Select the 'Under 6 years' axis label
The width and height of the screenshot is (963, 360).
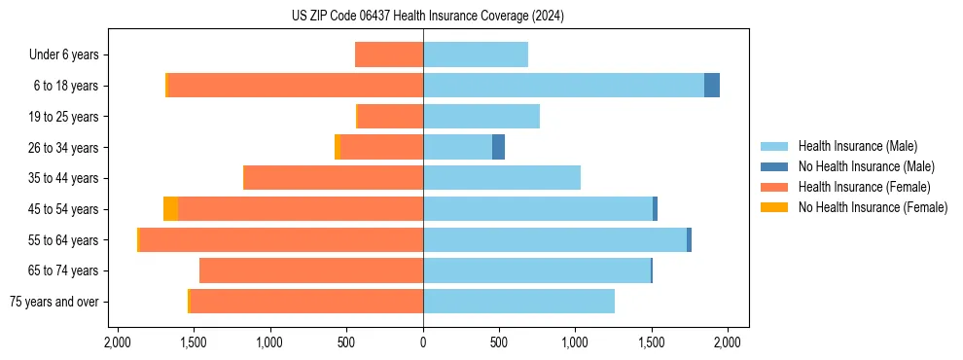pos(70,54)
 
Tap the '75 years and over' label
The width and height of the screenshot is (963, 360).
pos(54,302)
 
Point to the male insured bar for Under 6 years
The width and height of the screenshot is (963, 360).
pos(476,54)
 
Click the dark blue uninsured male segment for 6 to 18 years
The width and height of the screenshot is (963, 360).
pos(712,86)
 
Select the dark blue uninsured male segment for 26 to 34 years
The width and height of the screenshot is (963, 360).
pos(498,147)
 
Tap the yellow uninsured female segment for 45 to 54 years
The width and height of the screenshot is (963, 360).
pos(170,209)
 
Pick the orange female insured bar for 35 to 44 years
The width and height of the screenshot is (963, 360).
pos(333,178)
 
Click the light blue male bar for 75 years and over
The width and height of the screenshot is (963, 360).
pos(518,302)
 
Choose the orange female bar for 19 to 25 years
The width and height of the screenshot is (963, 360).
pos(390,117)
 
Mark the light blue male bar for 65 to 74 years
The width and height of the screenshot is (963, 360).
pos(536,270)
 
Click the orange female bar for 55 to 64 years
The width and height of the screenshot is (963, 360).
pos(281,239)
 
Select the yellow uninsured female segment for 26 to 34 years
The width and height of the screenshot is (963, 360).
pos(338,147)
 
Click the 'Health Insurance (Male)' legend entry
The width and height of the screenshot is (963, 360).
pos(857,146)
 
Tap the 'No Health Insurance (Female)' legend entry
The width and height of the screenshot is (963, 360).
pos(872,207)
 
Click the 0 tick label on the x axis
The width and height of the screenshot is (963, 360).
pos(423,342)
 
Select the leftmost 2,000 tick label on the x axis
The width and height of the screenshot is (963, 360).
pos(117,342)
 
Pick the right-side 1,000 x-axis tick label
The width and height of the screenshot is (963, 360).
pos(575,342)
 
